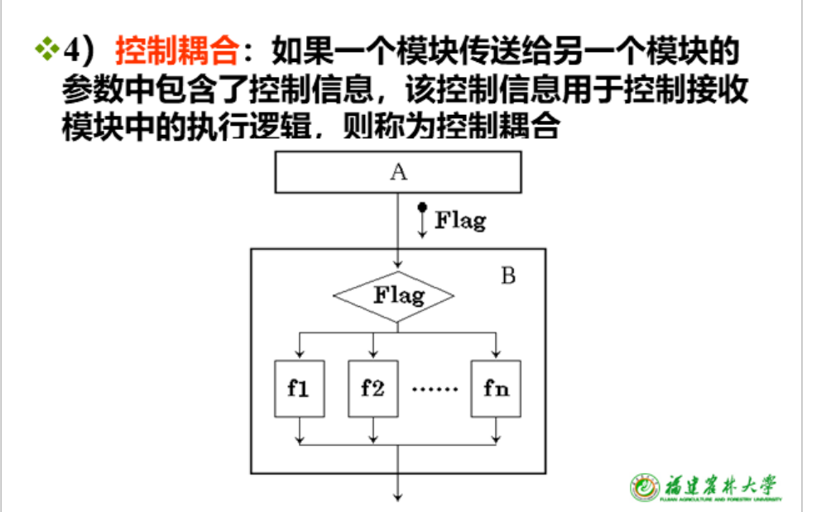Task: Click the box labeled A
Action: [x=398, y=172]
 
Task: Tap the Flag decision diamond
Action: [x=394, y=295]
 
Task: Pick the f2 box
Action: [x=373, y=388]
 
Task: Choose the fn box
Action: [x=497, y=388]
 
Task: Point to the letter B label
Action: [x=508, y=275]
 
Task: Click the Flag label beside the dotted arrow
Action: [x=460, y=221]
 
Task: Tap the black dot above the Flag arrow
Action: [x=422, y=207]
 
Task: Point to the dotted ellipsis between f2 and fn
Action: [x=435, y=389]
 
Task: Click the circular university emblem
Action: [x=645, y=488]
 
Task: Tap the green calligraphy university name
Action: [x=720, y=484]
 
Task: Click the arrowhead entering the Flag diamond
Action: [x=398, y=265]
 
